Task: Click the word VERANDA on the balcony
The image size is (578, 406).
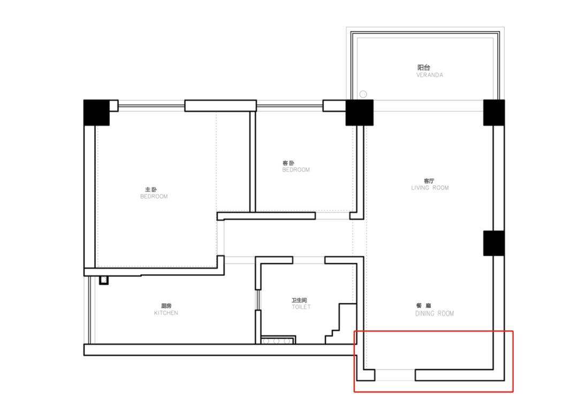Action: click(x=429, y=75)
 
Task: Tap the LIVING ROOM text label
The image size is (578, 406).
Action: click(x=430, y=187)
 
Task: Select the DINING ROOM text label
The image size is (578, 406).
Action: click(x=435, y=313)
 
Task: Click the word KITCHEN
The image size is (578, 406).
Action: click(x=166, y=313)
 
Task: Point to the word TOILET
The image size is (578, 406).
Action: click(x=301, y=307)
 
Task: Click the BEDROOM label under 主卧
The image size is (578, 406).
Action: click(x=154, y=197)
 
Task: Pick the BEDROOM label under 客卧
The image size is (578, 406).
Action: click(x=295, y=170)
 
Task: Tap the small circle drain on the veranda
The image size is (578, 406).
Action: click(x=363, y=94)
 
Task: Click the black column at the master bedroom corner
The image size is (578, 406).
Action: click(x=96, y=112)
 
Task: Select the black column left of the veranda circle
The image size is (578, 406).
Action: click(x=360, y=112)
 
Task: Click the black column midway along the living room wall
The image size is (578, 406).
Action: click(x=494, y=243)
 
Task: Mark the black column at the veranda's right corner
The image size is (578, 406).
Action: click(x=494, y=112)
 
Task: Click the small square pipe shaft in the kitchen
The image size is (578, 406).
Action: click(x=104, y=280)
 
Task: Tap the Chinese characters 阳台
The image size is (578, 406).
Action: click(x=423, y=67)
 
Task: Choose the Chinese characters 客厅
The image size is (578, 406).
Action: click(x=429, y=181)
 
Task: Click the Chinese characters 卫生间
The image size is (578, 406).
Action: click(x=299, y=300)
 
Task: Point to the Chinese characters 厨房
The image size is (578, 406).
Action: click(x=166, y=306)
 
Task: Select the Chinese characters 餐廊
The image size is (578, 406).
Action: click(x=423, y=305)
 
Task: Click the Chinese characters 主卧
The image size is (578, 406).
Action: click(x=151, y=190)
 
